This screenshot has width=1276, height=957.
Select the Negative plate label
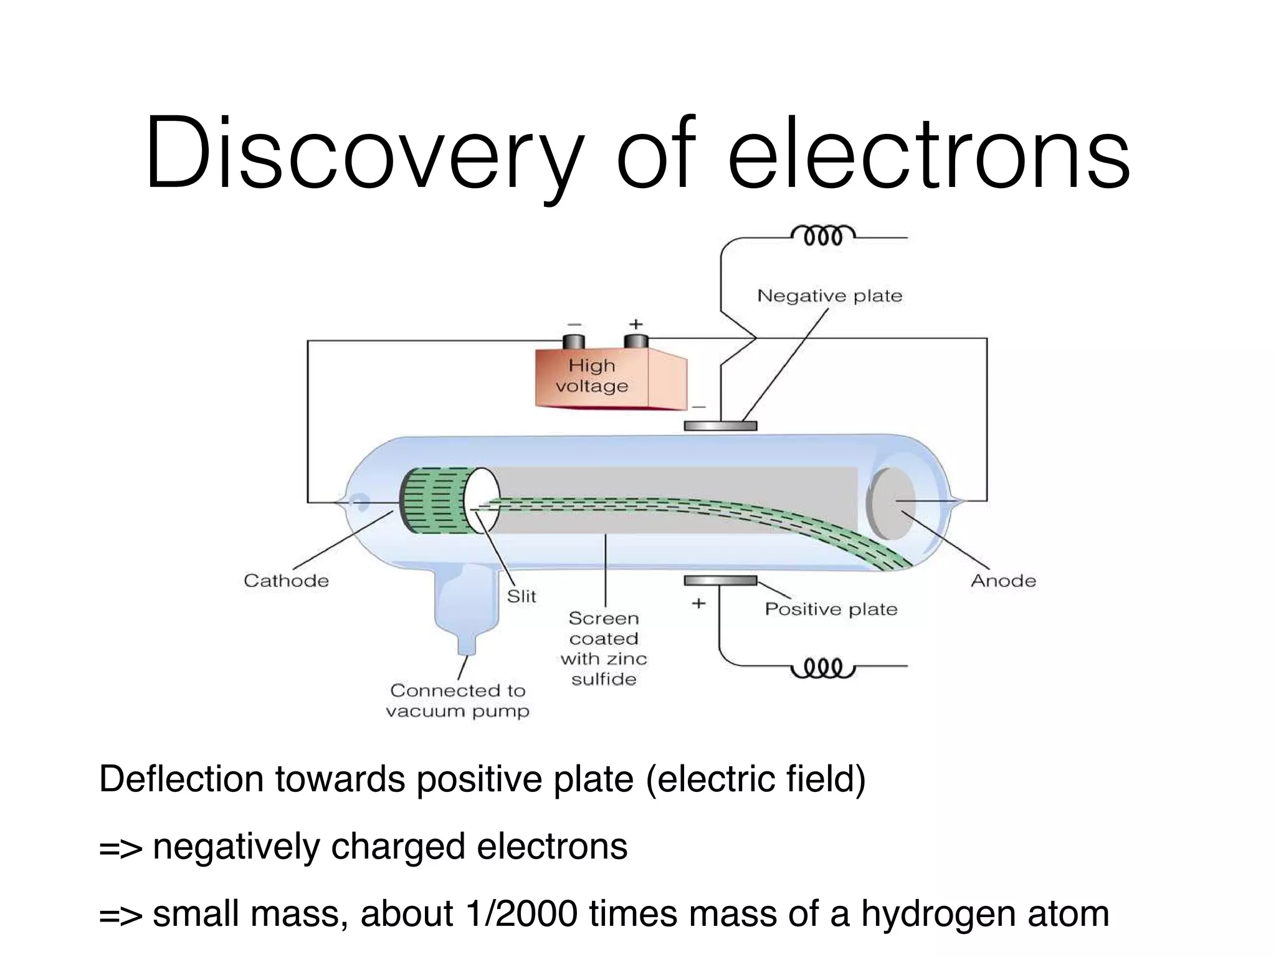pyautogui.click(x=829, y=296)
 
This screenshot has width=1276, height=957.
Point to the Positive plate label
pyautogui.click(x=831, y=609)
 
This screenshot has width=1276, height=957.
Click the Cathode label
pyautogui.click(x=286, y=581)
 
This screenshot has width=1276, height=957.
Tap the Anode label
pyautogui.click(x=1003, y=581)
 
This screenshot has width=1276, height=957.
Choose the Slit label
pyautogui.click(x=521, y=596)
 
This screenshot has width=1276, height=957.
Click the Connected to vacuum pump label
pyautogui.click(x=457, y=700)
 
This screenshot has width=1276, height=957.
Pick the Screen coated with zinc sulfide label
pyautogui.click(x=604, y=649)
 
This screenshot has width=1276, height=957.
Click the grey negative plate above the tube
pyautogui.click(x=720, y=426)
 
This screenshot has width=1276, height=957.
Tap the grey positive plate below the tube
pyautogui.click(x=720, y=581)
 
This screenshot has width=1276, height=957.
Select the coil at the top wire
pyautogui.click(x=822, y=236)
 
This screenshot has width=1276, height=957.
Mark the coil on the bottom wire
pyautogui.click(x=822, y=668)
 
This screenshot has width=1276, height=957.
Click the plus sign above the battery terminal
pyautogui.click(x=636, y=324)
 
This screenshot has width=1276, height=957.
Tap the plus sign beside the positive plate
pyautogui.click(x=698, y=603)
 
